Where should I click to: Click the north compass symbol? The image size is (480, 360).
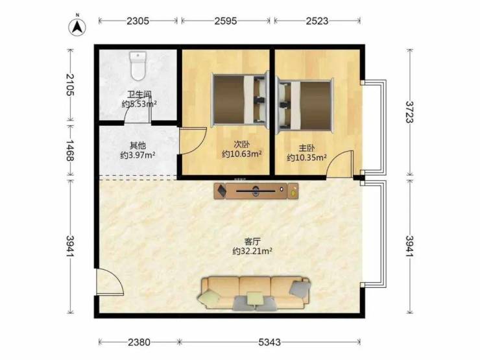[77, 26]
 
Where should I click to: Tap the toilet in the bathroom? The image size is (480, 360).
[138, 66]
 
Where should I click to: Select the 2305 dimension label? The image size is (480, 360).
[138, 21]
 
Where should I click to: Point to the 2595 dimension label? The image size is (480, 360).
[226, 21]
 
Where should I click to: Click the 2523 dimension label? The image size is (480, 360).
[317, 21]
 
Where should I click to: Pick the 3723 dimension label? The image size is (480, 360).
[409, 112]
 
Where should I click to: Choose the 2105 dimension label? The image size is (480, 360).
[70, 85]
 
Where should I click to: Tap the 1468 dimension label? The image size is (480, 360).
[70, 150]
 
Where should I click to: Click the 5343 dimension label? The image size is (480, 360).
[269, 342]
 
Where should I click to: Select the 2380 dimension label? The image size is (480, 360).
[139, 342]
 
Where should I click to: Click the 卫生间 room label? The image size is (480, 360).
[139, 95]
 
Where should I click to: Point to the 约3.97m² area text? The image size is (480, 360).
[138, 155]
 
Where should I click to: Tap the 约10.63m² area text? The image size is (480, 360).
[242, 154]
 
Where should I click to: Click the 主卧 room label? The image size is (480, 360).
[307, 148]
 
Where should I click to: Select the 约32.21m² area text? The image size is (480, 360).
[252, 251]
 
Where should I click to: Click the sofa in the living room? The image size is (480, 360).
[254, 293]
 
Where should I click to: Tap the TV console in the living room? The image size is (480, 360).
[256, 191]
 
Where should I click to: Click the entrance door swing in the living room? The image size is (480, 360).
[110, 282]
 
